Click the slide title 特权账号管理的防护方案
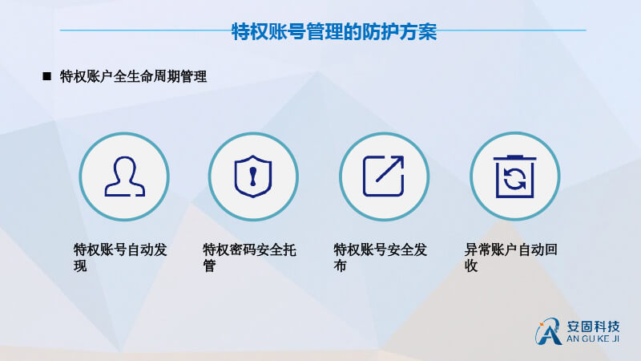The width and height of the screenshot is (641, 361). [334, 31]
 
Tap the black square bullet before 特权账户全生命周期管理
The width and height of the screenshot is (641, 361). [47, 76]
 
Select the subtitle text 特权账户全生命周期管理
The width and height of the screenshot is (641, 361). [133, 76]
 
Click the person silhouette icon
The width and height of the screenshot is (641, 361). [125, 176]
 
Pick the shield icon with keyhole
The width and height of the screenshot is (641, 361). [253, 176]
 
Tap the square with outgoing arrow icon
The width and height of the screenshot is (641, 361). [384, 176]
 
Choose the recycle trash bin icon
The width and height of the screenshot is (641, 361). [514, 176]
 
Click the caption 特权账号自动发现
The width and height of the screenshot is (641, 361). [120, 258]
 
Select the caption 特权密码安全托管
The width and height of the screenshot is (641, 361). [249, 258]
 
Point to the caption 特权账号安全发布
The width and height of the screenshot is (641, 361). [380, 258]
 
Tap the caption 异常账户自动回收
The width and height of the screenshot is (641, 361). [511, 258]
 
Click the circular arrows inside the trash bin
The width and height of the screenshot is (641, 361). [514, 179]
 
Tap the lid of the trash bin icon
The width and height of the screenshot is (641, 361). [514, 157]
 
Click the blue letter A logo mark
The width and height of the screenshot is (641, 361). [548, 331]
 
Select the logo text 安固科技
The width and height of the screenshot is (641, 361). [593, 327]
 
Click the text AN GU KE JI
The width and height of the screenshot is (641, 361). [593, 339]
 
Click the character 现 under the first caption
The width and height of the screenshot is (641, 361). [80, 266]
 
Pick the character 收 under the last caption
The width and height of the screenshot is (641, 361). [471, 266]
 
